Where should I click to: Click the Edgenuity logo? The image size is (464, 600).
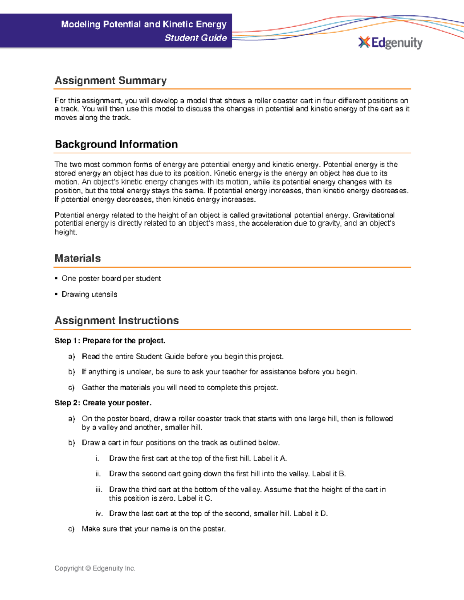(390, 42)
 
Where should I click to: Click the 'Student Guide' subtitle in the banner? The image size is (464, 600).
(196, 38)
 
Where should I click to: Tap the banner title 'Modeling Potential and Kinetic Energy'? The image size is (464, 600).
(143, 24)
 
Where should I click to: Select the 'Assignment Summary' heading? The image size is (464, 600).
(111, 80)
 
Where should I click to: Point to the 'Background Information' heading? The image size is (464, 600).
(116, 144)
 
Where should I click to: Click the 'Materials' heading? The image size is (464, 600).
(78, 258)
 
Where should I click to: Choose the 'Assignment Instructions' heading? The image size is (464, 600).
(116, 320)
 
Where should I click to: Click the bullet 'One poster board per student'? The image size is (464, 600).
(111, 279)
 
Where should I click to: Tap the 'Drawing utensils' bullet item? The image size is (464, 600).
(89, 294)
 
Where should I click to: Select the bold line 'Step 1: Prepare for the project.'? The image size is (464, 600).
(110, 341)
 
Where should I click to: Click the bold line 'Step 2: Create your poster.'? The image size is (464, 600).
(103, 403)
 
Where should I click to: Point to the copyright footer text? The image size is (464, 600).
(95, 568)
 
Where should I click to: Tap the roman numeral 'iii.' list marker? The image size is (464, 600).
(99, 490)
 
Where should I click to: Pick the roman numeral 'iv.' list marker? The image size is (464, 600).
(99, 514)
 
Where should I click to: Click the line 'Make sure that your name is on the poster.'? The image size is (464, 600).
(154, 529)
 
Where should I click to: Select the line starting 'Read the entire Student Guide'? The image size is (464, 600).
(183, 357)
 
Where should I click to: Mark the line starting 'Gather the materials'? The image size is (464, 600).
(180, 388)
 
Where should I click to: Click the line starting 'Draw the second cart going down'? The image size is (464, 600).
(227, 474)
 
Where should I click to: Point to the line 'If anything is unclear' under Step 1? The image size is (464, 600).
(219, 372)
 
